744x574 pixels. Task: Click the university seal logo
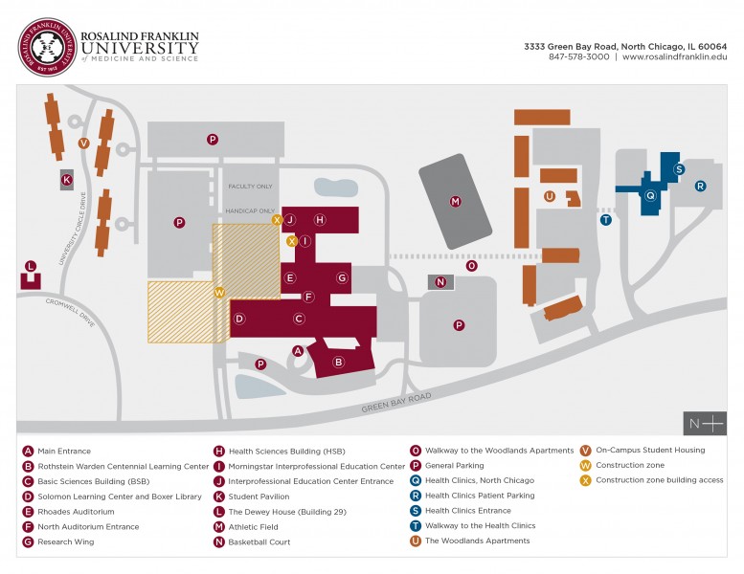point(47,46)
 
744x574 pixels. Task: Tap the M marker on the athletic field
point(456,201)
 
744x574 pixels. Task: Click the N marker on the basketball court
point(440,282)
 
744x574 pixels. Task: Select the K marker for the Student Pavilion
point(67,179)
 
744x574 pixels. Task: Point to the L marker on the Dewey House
point(31,266)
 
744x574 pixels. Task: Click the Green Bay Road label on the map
point(396,402)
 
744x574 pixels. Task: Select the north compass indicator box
point(705,423)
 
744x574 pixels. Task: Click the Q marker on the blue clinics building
point(650,195)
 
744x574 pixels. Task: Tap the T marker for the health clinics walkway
point(605,219)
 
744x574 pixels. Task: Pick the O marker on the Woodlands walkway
point(471,266)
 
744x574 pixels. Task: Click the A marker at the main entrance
point(298,351)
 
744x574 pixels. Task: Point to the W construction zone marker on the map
point(219,293)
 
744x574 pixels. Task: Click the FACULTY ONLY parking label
point(250,187)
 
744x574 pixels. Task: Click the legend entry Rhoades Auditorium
point(76,511)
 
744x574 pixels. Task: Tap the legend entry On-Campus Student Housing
point(649,450)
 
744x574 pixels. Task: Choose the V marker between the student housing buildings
point(83,143)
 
